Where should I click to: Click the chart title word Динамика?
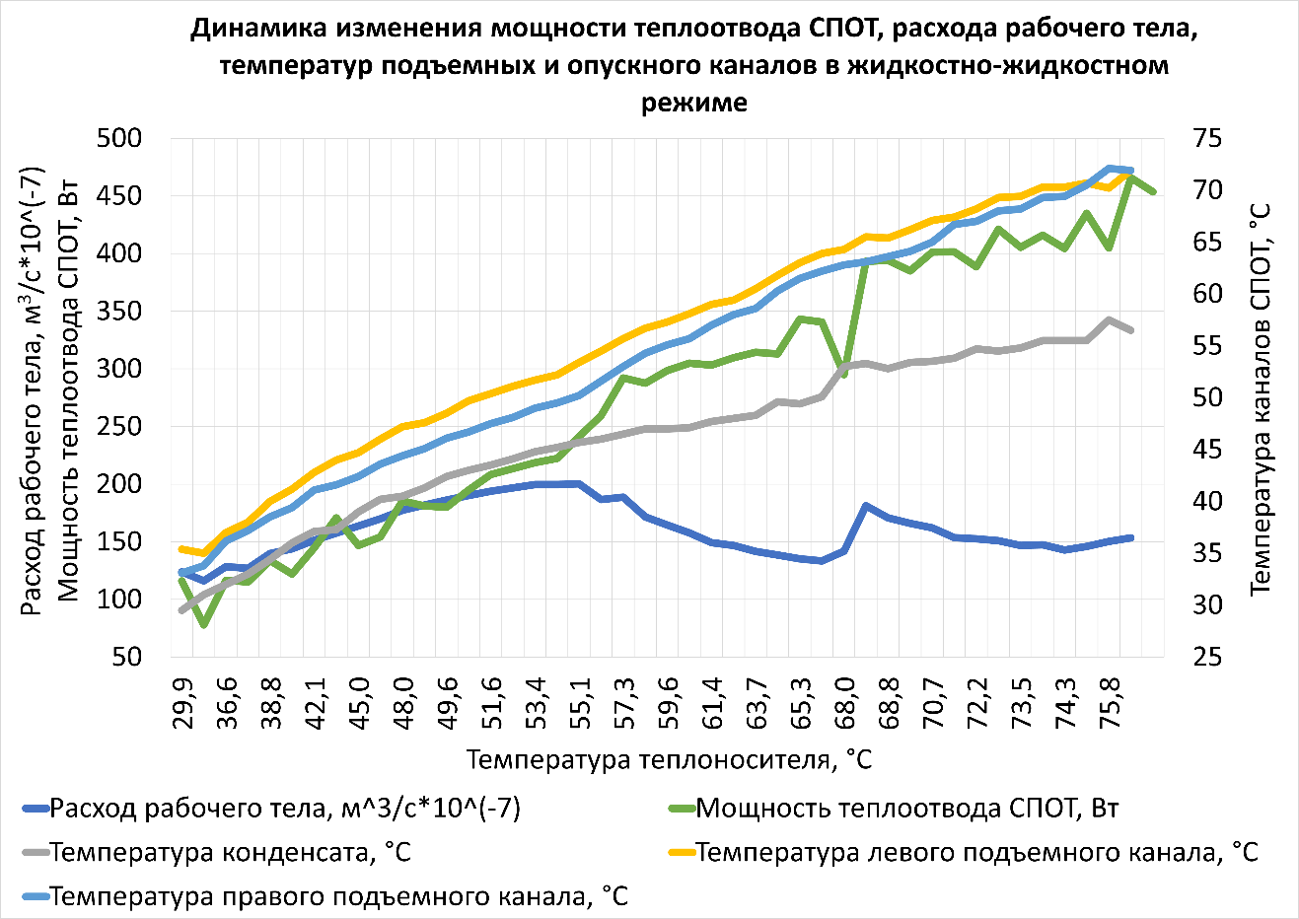[x=258, y=29]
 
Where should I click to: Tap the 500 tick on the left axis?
[x=119, y=139]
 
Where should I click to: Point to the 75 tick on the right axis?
[x=1207, y=139]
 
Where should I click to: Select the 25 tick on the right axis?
[x=1207, y=656]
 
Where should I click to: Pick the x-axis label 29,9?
[x=182, y=702]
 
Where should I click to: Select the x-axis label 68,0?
[x=845, y=702]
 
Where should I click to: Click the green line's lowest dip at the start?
[x=204, y=624]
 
